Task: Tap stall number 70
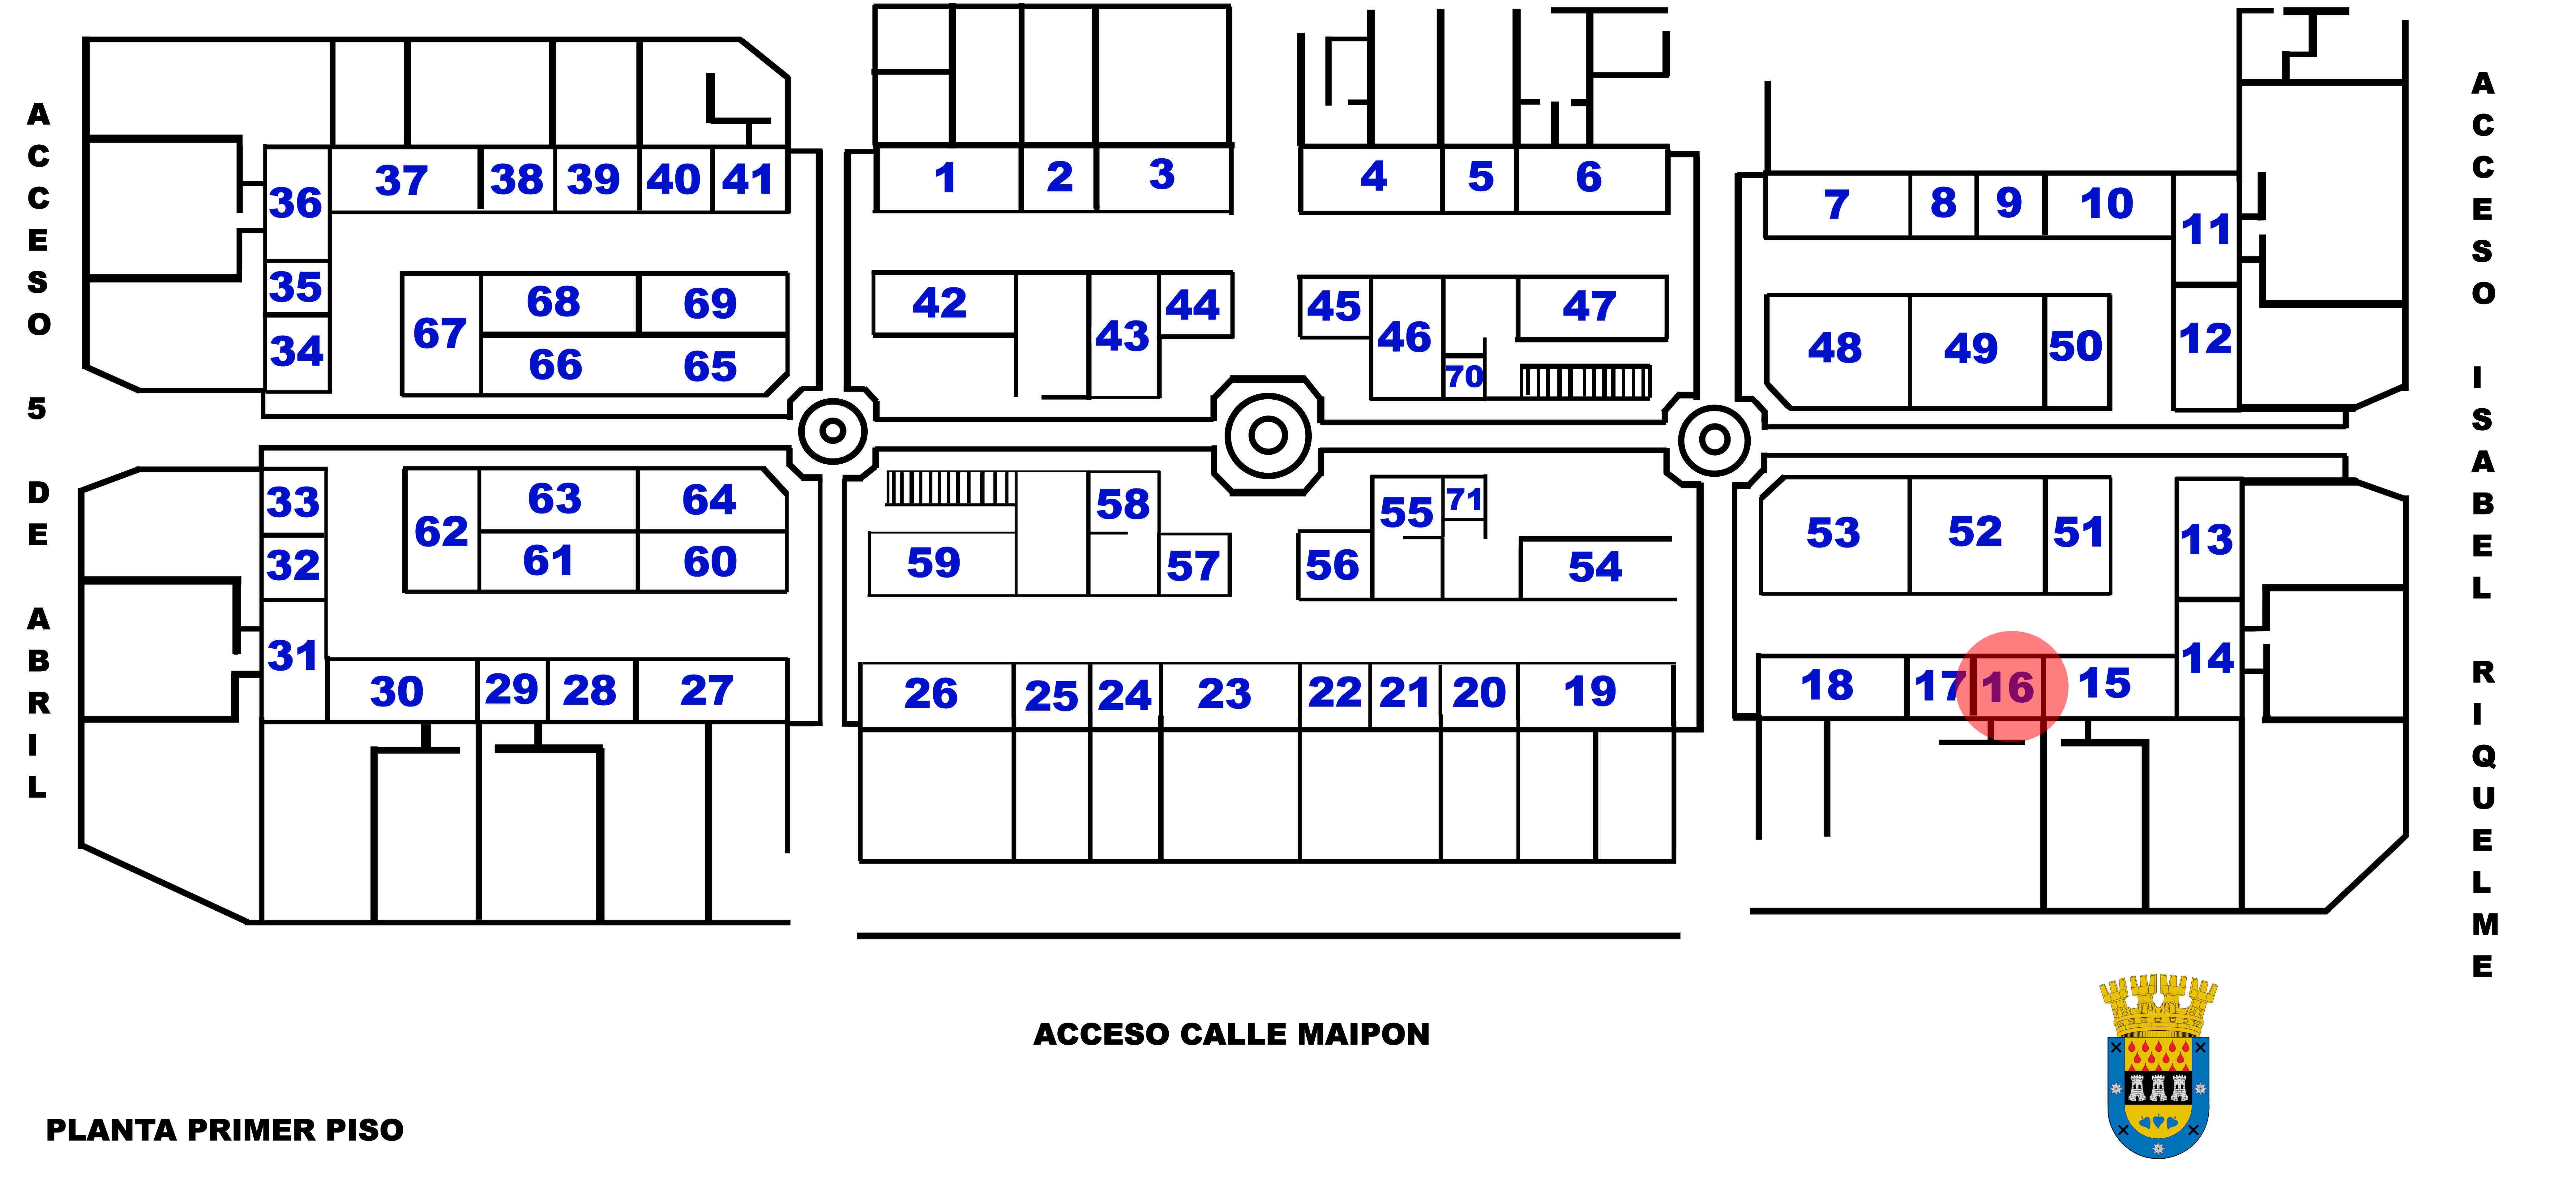(x=1464, y=377)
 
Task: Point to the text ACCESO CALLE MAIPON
(x=1231, y=1034)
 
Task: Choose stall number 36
(x=296, y=203)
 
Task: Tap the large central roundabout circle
(x=1268, y=434)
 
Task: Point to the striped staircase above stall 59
(x=950, y=488)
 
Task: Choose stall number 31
(x=293, y=655)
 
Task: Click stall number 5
(x=1480, y=178)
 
